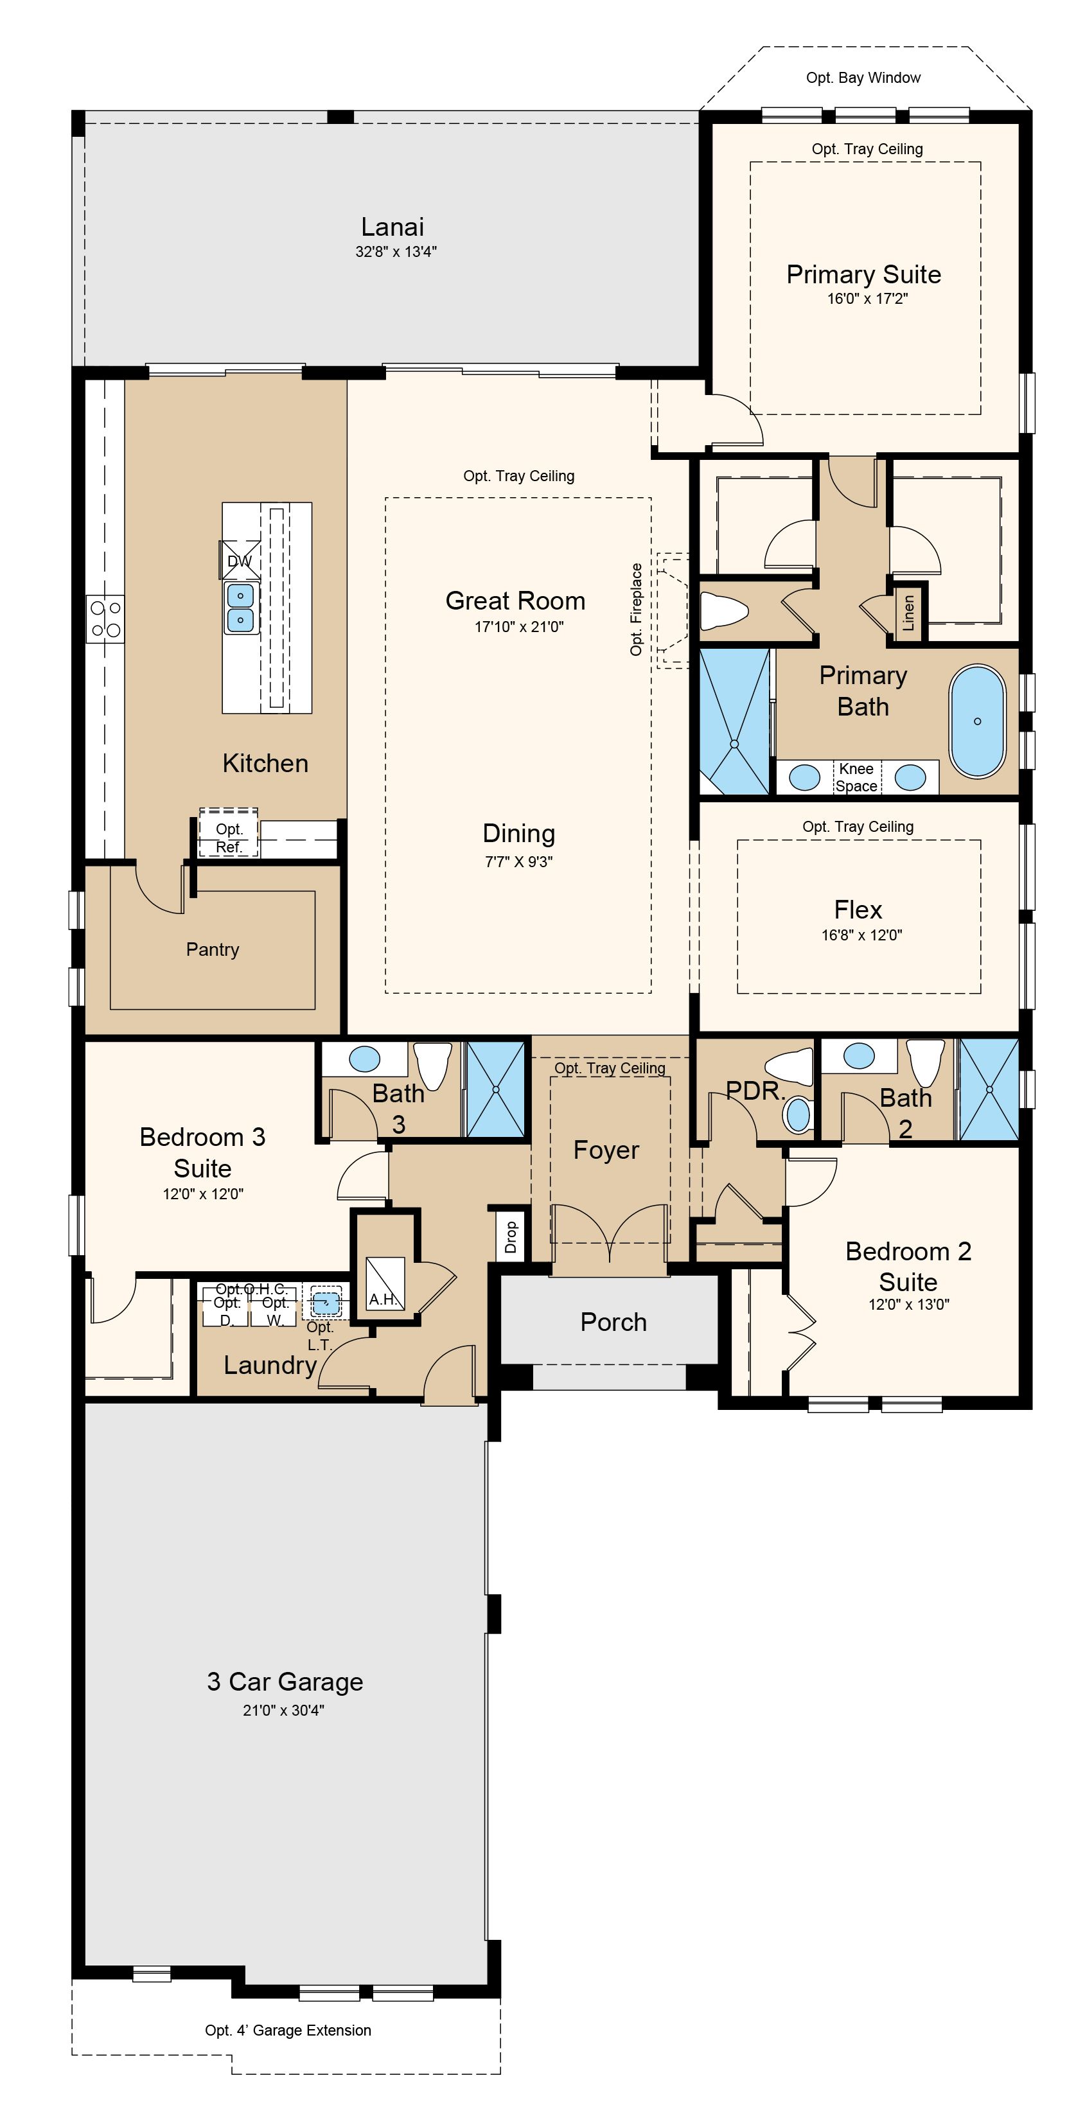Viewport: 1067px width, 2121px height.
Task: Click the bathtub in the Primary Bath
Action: click(x=976, y=721)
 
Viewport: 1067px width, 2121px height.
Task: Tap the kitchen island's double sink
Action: click(x=240, y=607)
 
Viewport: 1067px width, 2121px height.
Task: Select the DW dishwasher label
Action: click(x=240, y=561)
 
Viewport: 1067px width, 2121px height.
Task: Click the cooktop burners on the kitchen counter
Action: click(x=106, y=619)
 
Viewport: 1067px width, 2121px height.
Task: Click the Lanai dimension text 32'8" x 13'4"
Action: click(x=396, y=251)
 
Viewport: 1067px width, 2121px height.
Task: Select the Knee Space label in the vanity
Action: click(x=856, y=777)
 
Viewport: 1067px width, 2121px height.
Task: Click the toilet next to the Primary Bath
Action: click(x=724, y=611)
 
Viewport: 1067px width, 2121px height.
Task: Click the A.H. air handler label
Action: click(x=385, y=1299)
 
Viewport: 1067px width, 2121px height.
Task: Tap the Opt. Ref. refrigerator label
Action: click(x=229, y=838)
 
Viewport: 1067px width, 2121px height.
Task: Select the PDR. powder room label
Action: click(x=756, y=1091)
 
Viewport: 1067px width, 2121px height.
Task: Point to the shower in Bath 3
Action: click(x=496, y=1089)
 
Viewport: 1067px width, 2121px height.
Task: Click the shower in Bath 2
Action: click(x=989, y=1089)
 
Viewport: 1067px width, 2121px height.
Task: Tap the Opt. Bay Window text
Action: click(x=863, y=77)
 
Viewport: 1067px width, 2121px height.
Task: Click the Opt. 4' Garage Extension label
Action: click(x=288, y=2030)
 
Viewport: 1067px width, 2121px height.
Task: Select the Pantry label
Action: click(x=213, y=949)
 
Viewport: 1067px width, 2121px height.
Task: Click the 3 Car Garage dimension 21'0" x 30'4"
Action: click(x=283, y=1710)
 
